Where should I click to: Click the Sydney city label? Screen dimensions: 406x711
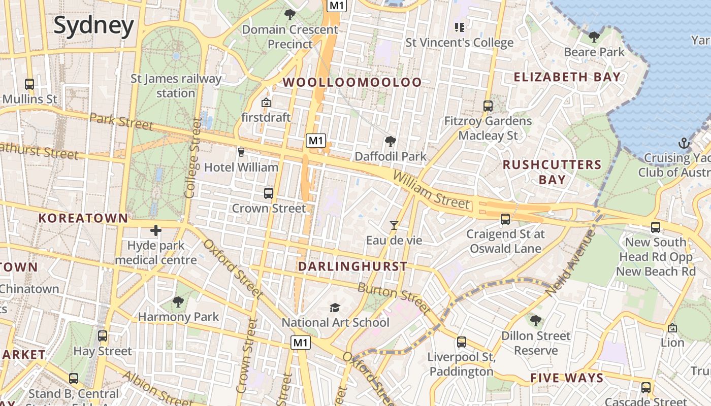tap(94, 25)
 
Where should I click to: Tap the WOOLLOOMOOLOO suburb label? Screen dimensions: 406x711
tap(352, 82)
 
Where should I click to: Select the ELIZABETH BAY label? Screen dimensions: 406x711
tap(567, 77)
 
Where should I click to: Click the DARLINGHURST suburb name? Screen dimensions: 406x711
tap(352, 266)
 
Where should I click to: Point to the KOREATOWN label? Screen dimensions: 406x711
tap(83, 218)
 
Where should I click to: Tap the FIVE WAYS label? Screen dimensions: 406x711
tap(567, 378)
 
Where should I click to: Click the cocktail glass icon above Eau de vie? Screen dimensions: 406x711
tap(394, 225)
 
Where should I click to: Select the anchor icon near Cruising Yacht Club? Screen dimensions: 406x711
tap(683, 143)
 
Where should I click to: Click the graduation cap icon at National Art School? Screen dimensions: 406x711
tap(335, 308)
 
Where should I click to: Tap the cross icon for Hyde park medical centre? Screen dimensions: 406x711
tap(155, 231)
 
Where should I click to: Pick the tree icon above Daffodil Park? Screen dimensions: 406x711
tap(390, 141)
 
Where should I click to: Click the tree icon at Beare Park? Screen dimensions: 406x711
tap(594, 37)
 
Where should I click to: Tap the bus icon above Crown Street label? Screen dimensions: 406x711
tap(269, 193)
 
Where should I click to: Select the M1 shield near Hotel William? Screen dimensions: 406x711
tap(315, 141)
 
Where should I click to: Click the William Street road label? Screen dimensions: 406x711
tap(431, 190)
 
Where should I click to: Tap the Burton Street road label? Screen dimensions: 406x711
tap(394, 299)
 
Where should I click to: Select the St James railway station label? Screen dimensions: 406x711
tap(176, 86)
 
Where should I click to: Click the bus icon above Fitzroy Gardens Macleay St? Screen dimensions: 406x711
tap(488, 106)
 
